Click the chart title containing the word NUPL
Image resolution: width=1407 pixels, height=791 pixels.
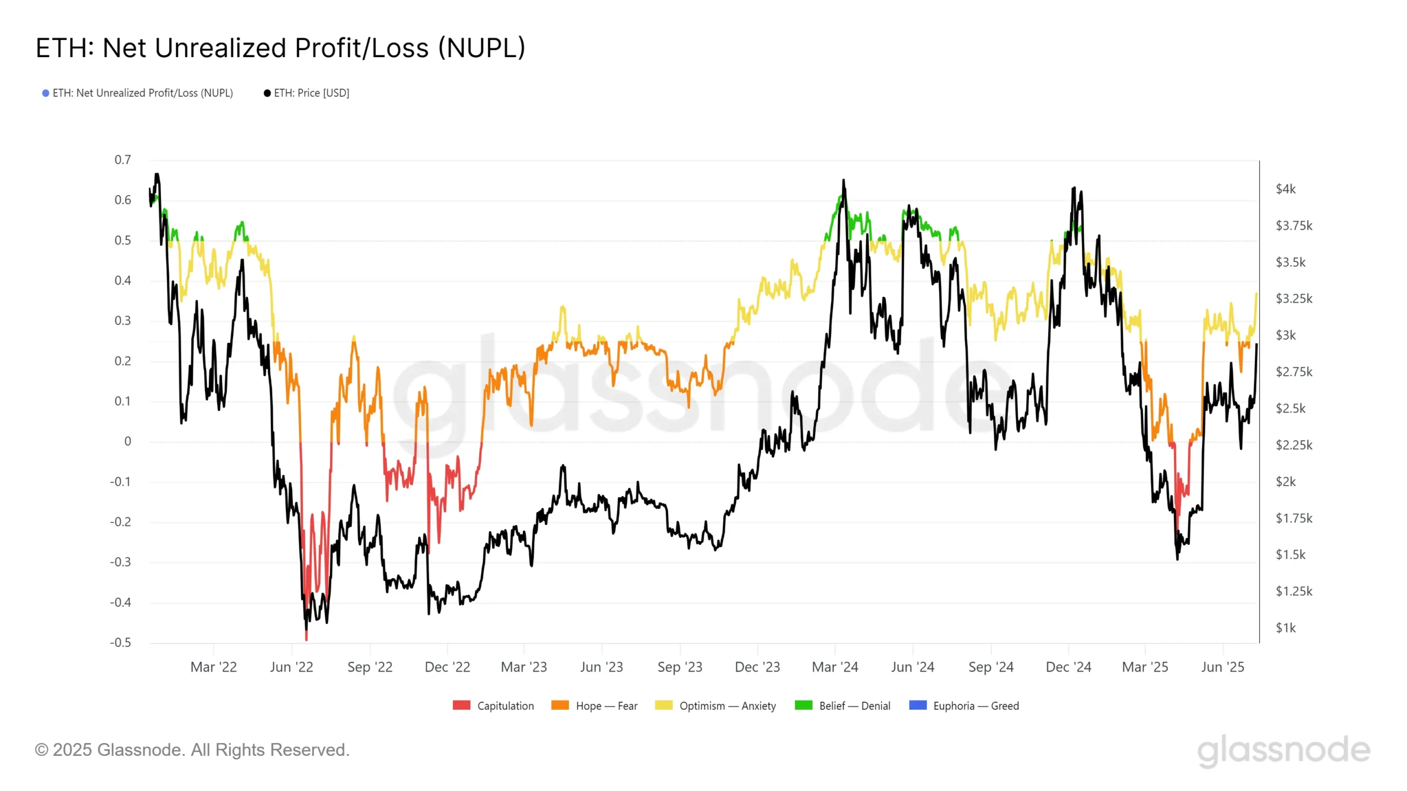pos(280,48)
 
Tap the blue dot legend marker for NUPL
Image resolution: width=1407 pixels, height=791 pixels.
pos(46,93)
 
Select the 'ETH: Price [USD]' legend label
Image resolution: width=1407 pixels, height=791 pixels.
pos(311,93)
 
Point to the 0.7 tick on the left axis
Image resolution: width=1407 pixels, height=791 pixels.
pos(123,160)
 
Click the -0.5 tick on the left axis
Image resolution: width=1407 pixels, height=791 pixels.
pos(120,643)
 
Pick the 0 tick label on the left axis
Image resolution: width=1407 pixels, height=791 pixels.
pos(128,442)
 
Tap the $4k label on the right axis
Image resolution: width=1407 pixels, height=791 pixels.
pos(1286,189)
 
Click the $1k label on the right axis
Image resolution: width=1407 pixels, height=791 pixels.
pos(1286,628)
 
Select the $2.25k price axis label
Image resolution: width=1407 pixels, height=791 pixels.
pos(1294,445)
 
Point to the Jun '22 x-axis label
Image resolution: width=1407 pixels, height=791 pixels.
pos(291,667)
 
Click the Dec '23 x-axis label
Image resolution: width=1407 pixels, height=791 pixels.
pos(757,667)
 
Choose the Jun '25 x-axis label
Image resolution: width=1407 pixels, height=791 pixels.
pos(1222,667)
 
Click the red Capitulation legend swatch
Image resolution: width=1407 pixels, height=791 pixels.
pos(462,705)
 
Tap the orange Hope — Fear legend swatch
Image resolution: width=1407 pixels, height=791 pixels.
pos(560,705)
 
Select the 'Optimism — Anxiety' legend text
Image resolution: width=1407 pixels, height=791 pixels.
pos(728,706)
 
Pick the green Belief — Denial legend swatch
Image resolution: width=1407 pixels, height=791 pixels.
pos(804,705)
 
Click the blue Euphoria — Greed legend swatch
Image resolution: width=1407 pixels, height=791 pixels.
pos(918,705)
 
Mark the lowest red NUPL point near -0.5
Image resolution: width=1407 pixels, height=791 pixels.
pos(306,639)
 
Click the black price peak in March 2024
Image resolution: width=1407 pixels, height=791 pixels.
pos(844,180)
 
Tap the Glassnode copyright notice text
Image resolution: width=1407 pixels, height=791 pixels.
pos(192,750)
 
